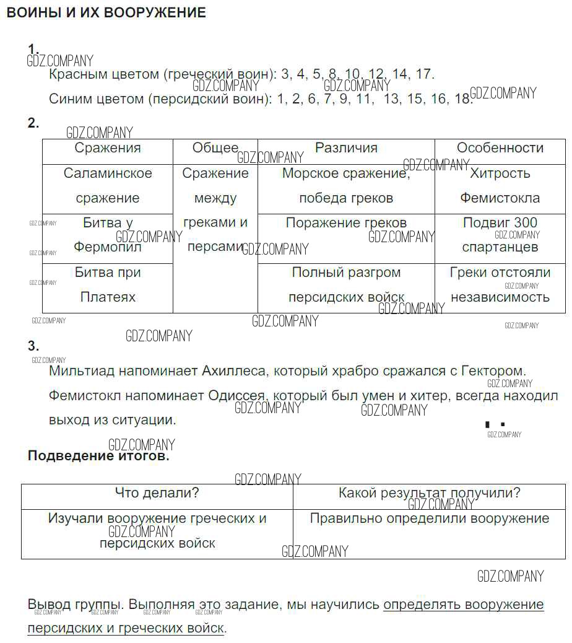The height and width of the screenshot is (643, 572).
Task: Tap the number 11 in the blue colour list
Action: pyautogui.click(x=363, y=99)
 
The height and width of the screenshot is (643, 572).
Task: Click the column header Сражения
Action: pyautogui.click(x=108, y=148)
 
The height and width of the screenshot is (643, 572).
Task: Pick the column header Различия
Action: pyautogui.click(x=346, y=148)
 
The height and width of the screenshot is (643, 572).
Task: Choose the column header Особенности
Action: pyautogui.click(x=500, y=148)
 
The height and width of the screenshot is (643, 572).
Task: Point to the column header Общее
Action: pyautogui.click(x=215, y=148)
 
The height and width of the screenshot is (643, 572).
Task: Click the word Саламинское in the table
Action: pyautogui.click(x=108, y=173)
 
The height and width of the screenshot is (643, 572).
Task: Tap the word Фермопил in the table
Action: pyautogui.click(x=108, y=247)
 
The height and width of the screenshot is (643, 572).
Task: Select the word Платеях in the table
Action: pyautogui.click(x=108, y=297)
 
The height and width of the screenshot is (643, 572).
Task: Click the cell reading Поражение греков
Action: pyautogui.click(x=346, y=223)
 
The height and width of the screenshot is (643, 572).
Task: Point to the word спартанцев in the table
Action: pyautogui.click(x=500, y=247)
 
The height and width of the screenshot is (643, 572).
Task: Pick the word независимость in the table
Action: pyautogui.click(x=500, y=297)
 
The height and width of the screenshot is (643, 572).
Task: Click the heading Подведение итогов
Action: pyautogui.click(x=98, y=457)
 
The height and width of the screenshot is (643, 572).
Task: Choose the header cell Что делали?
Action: pyautogui.click(x=157, y=493)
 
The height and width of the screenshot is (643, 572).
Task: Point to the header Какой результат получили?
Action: pyautogui.click(x=429, y=493)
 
